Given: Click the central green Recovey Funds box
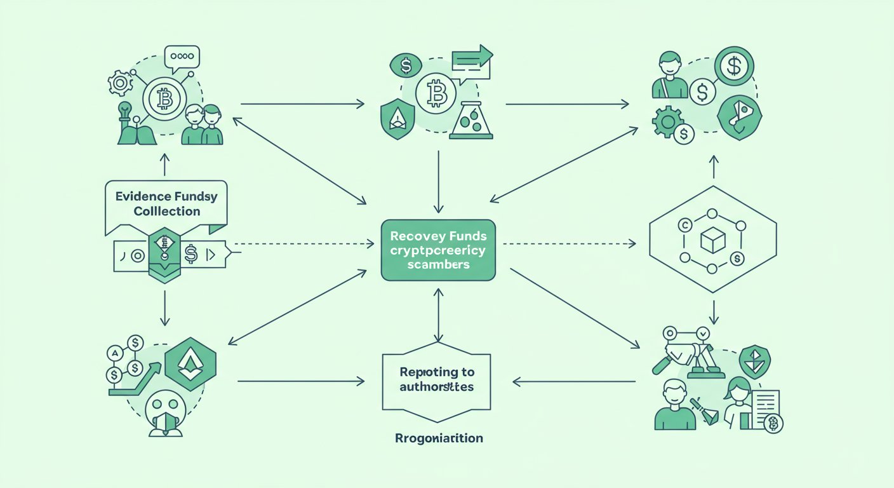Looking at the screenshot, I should (437, 250).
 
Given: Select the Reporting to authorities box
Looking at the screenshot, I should (437, 379).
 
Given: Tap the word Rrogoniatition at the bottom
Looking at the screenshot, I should (438, 438).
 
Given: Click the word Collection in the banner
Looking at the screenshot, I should (167, 211).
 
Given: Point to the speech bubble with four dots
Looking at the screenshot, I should (182, 57).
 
